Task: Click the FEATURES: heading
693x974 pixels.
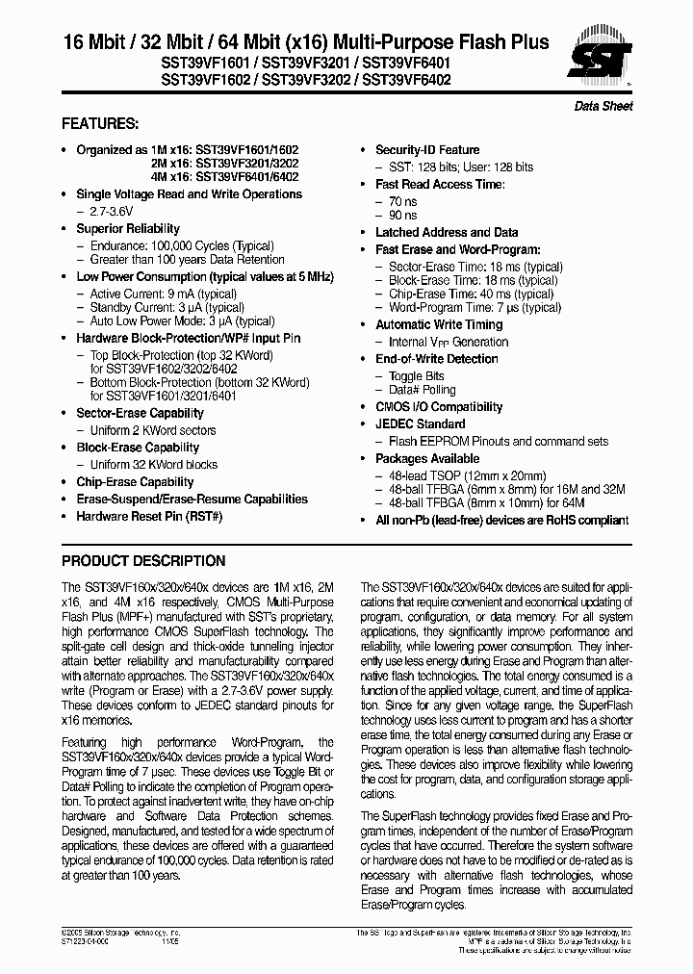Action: [x=100, y=124]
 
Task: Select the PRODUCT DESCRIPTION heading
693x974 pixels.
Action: [x=143, y=561]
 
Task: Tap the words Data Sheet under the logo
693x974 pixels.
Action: [x=603, y=106]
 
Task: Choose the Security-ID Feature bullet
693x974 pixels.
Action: [x=426, y=150]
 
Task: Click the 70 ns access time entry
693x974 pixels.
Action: [x=403, y=200]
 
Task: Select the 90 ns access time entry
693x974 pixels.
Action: [x=403, y=216]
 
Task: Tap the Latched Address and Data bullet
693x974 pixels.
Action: [x=446, y=233]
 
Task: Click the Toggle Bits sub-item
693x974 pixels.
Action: [x=416, y=376]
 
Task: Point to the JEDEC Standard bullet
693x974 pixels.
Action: [x=420, y=424]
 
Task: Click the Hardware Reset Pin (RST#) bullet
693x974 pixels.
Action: [x=149, y=517]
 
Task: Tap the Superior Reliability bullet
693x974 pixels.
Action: [x=128, y=229]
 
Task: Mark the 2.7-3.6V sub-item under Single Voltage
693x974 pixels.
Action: [x=115, y=211]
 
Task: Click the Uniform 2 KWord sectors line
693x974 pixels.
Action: [x=153, y=430]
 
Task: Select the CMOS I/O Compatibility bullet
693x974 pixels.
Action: [x=439, y=407]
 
